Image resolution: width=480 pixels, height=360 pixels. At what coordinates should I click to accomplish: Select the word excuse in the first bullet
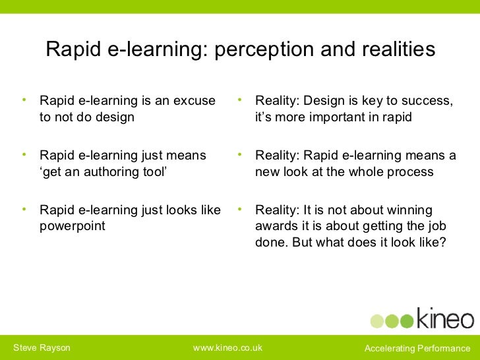tap(195, 101)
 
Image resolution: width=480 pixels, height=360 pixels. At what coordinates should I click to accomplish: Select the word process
tap(409, 172)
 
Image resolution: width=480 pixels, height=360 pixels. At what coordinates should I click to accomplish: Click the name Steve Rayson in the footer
tap(42, 347)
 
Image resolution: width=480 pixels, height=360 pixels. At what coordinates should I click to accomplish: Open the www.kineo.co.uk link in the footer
tap(227, 347)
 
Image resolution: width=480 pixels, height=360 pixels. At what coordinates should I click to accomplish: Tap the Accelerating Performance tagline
tap(417, 347)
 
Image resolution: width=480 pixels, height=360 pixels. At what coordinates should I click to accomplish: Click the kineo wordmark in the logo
tap(444, 319)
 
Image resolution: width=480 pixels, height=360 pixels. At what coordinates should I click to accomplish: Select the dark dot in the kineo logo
tap(407, 321)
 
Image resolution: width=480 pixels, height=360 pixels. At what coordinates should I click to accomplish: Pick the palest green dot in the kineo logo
tap(376, 321)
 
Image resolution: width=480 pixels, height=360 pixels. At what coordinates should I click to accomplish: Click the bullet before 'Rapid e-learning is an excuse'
tap(24, 100)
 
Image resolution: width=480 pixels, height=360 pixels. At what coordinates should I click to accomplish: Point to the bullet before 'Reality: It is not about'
tap(241, 210)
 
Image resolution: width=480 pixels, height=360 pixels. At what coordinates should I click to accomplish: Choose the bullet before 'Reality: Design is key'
tap(241, 100)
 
